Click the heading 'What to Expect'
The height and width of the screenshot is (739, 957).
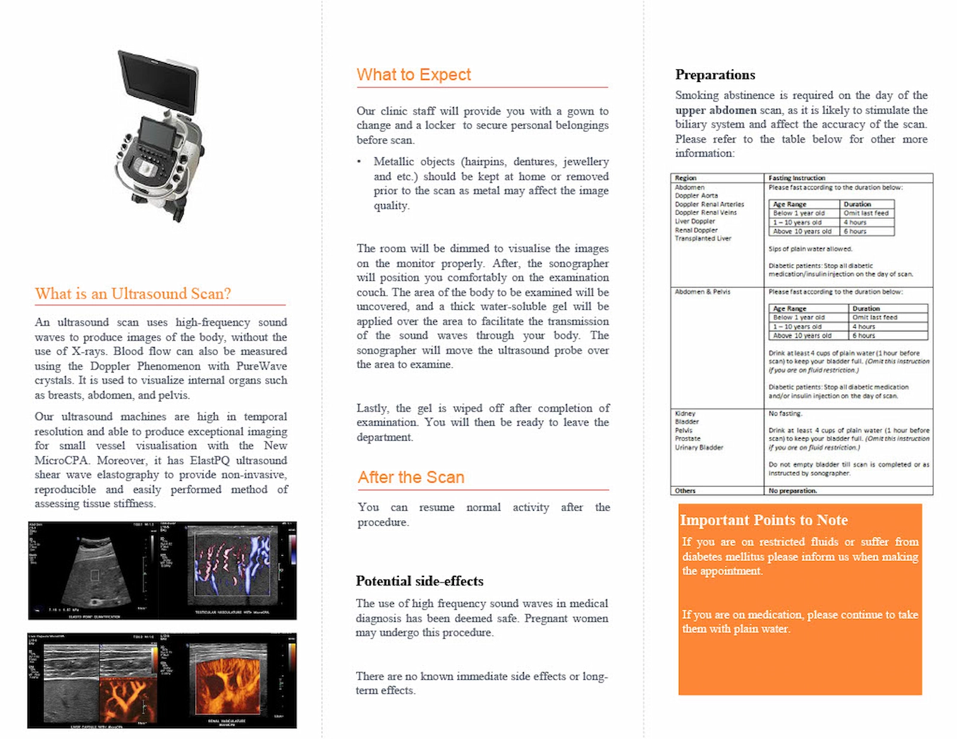pyautogui.click(x=414, y=75)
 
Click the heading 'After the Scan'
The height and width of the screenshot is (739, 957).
pyautogui.click(x=411, y=477)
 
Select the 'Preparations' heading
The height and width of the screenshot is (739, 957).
pyautogui.click(x=715, y=75)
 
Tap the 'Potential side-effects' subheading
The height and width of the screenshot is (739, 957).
pyautogui.click(x=419, y=581)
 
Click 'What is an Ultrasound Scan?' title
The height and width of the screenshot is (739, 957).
pyautogui.click(x=133, y=294)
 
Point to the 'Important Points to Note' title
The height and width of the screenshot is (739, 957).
pyautogui.click(x=764, y=520)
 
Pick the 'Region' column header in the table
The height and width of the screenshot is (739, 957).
pyautogui.click(x=685, y=178)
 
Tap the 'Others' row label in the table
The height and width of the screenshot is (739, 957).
pyautogui.click(x=685, y=491)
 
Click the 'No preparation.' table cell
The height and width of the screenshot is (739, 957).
pyautogui.click(x=793, y=491)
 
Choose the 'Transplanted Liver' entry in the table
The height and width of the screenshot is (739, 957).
pyautogui.click(x=703, y=239)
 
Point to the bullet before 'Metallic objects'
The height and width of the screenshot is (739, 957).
pyautogui.click(x=359, y=161)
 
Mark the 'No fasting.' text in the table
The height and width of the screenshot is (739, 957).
pyautogui.click(x=785, y=414)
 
